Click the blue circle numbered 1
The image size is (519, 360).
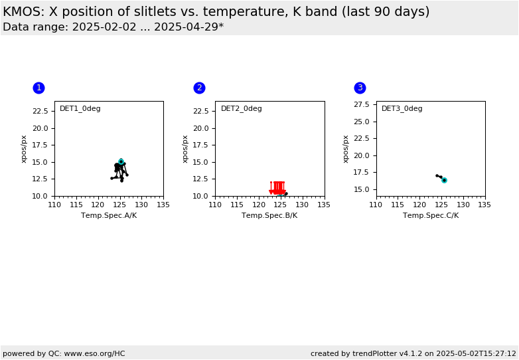(38, 88)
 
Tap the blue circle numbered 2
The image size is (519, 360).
(199, 88)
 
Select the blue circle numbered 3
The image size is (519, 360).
(360, 88)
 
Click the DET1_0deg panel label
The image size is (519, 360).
(80, 109)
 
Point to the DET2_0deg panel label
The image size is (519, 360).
(242, 109)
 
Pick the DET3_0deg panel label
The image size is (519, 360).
(402, 109)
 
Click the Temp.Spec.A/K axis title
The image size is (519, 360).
(109, 216)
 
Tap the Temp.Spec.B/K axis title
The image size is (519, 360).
(269, 216)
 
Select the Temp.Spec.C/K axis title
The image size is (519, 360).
(431, 216)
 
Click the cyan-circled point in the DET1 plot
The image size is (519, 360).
(121, 161)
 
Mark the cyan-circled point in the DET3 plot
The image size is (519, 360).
(444, 180)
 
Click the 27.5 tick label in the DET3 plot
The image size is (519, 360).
(362, 105)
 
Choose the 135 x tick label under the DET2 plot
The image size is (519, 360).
(324, 205)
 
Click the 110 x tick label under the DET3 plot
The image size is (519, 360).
(376, 205)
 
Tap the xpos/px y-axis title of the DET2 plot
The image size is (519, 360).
(185, 149)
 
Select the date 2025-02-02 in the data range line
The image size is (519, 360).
(104, 27)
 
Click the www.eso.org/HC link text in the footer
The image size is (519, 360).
(95, 354)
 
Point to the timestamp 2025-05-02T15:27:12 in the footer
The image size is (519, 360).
(477, 354)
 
